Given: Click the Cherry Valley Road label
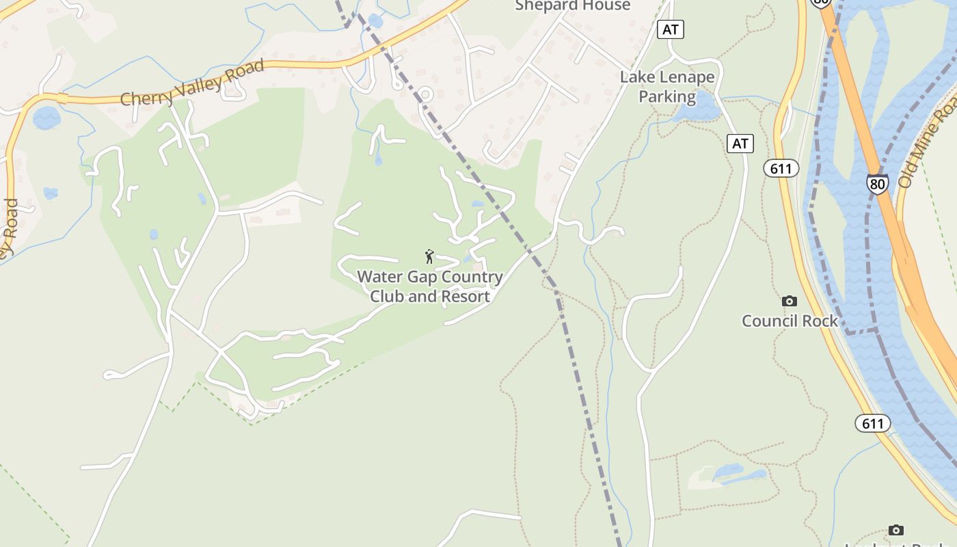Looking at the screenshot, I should pos(192,83).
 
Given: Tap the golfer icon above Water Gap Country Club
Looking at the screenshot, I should pos(429,256).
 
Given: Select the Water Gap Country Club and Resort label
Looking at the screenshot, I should pos(430,286).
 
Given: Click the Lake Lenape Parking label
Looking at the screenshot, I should pos(667,87).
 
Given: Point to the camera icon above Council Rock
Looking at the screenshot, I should pos(790,301).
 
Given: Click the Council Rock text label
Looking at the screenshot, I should pos(790,321).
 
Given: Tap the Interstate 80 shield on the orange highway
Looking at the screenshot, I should pos(878,183).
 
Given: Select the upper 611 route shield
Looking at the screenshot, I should pos(781,168).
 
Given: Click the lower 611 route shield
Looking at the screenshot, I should pos(873,423).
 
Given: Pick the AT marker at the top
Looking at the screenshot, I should pos(671,29).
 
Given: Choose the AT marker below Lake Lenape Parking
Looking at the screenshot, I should pos(740,144).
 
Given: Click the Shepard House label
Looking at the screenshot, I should pos(573,6).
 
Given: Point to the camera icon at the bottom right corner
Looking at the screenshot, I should pos(895,530).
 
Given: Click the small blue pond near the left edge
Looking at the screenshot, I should pos(46,118).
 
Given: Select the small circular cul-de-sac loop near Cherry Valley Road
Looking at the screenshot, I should pos(425,94).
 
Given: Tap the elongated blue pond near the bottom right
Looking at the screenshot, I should pos(735,474).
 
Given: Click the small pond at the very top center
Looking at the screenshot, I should pos(375,21).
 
